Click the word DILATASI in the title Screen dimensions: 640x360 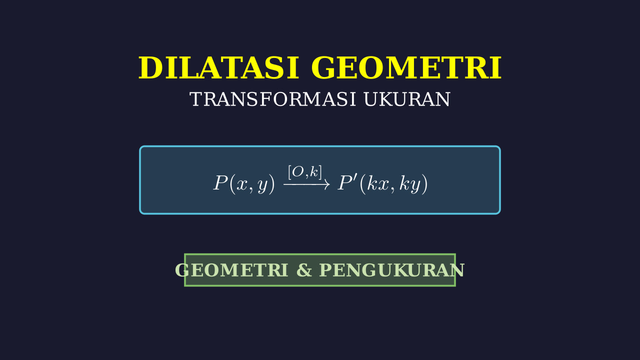click(x=219, y=68)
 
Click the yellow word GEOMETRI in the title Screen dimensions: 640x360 click(x=406, y=68)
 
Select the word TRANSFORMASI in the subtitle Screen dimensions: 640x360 click(x=273, y=99)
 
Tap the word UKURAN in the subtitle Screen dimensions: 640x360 click(x=407, y=99)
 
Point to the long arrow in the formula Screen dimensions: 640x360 click(x=306, y=184)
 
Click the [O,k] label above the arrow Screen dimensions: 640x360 click(x=305, y=172)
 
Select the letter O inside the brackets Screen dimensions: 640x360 click(x=298, y=172)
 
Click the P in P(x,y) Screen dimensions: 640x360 click(x=220, y=183)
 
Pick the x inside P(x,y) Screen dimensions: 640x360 click(x=241, y=185)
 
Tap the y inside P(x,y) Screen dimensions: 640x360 click(x=262, y=187)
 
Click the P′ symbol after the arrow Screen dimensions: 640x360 click(x=347, y=182)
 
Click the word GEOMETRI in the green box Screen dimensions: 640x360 click(x=231, y=270)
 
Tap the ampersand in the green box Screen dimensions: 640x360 click(x=304, y=270)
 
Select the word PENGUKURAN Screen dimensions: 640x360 click(x=392, y=270)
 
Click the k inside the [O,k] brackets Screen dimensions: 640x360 click(x=314, y=172)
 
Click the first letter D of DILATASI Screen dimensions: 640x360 click(x=149, y=68)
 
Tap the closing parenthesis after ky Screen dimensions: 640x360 click(x=425, y=184)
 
